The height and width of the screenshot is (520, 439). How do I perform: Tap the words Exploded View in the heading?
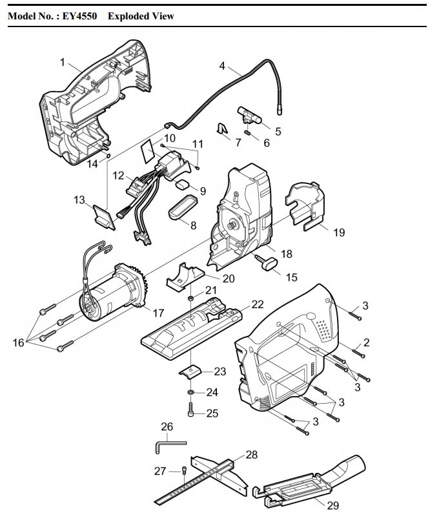point(141,16)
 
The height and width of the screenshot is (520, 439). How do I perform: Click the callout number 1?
point(63,62)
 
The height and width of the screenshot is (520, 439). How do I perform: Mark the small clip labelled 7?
point(223,130)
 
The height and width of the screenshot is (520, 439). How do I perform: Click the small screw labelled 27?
point(186,470)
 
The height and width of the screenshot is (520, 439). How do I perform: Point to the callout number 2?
point(365,342)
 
